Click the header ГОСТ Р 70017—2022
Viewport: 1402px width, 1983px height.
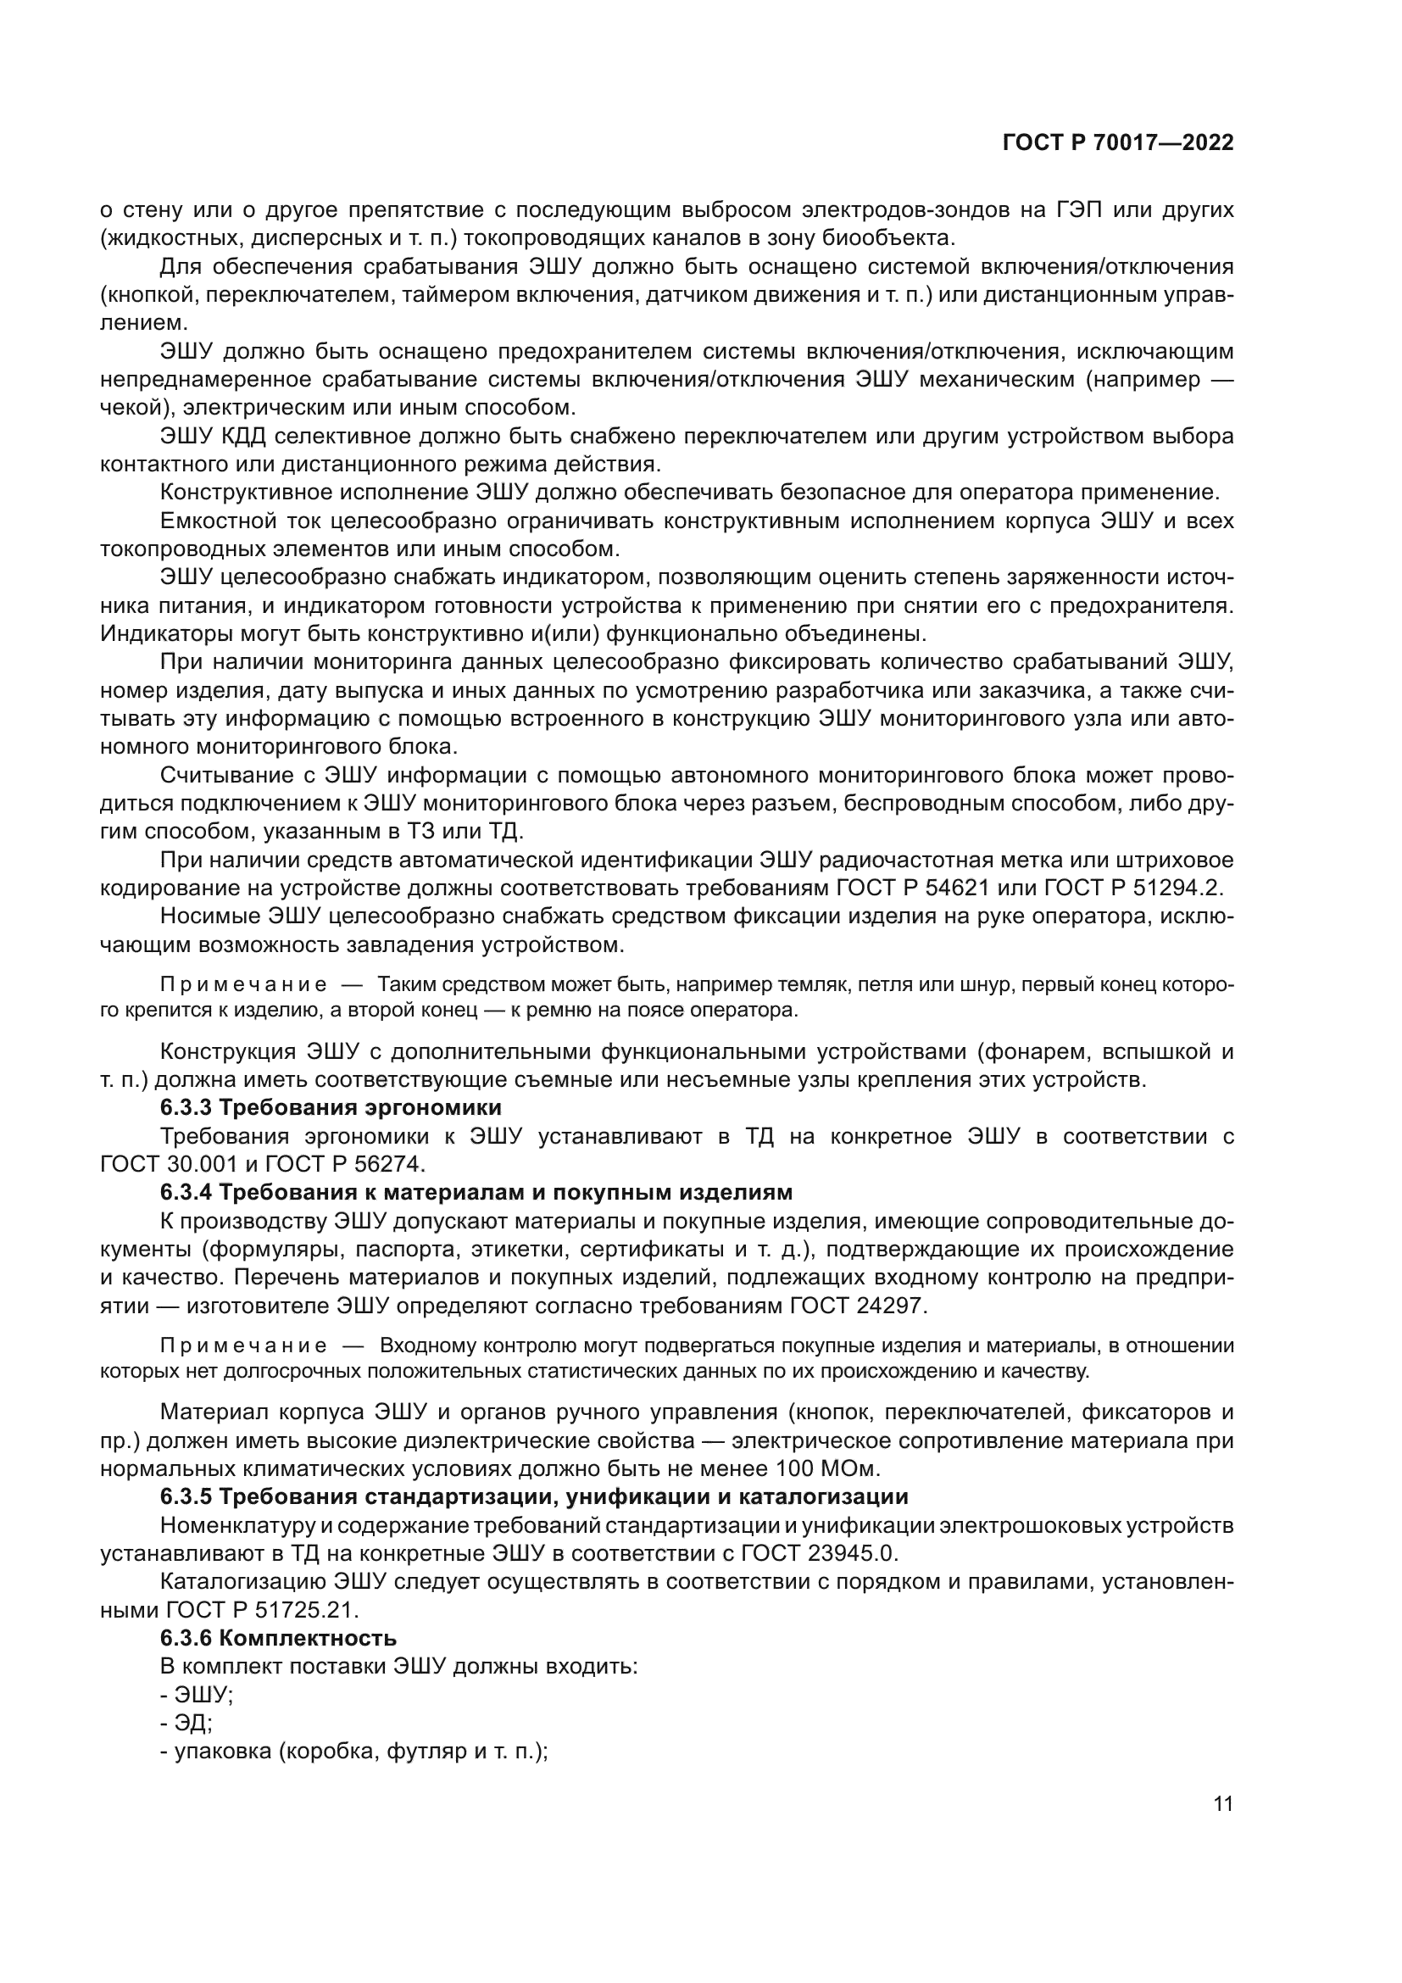[1118, 143]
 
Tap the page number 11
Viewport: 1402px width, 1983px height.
[1222, 1804]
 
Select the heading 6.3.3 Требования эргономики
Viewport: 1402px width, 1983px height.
[331, 1108]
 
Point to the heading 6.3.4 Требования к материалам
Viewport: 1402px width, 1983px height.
[476, 1193]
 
